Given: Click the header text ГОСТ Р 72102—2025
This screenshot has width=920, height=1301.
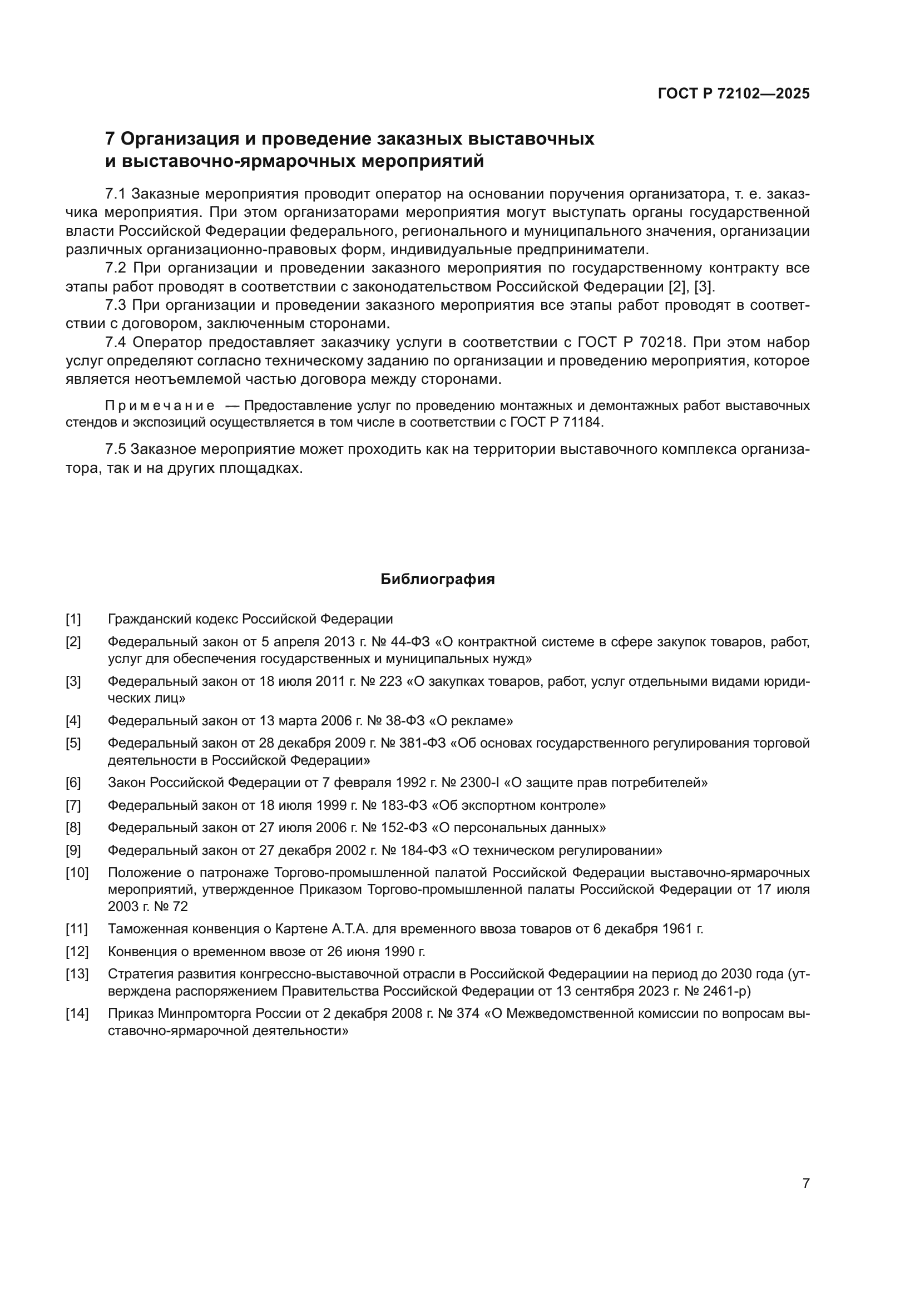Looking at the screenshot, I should [734, 94].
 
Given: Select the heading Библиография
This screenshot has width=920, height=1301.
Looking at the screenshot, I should [437, 579].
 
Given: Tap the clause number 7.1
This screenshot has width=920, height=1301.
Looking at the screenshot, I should [115, 194].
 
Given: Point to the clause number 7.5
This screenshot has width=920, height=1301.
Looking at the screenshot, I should [115, 450].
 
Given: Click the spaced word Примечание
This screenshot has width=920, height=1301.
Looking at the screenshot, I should [160, 405].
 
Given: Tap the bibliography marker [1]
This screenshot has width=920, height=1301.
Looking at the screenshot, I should [73, 619].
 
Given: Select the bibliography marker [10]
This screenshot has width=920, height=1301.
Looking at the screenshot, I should [77, 873].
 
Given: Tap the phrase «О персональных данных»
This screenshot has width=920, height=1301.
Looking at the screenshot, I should [518, 828].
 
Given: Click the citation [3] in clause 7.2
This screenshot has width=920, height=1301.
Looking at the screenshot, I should [703, 286].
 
